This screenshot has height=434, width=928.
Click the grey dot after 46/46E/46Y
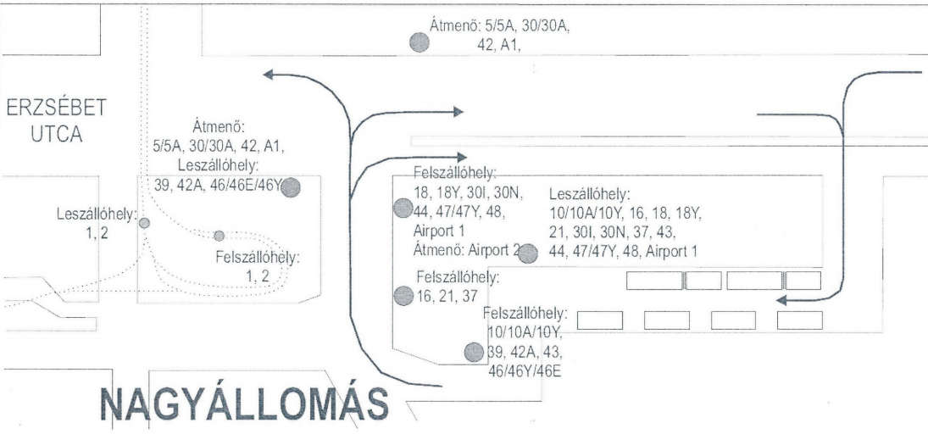(292, 188)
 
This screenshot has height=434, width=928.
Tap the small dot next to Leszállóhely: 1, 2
(144, 223)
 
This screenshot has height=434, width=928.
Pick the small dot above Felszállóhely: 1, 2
(219, 235)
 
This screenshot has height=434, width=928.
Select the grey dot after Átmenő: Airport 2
(528, 253)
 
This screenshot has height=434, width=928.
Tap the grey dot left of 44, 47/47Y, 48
(403, 208)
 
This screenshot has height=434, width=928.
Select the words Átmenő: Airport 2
(464, 250)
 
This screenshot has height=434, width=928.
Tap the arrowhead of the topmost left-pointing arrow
(269, 75)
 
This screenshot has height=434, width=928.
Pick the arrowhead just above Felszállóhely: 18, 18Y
(461, 157)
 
